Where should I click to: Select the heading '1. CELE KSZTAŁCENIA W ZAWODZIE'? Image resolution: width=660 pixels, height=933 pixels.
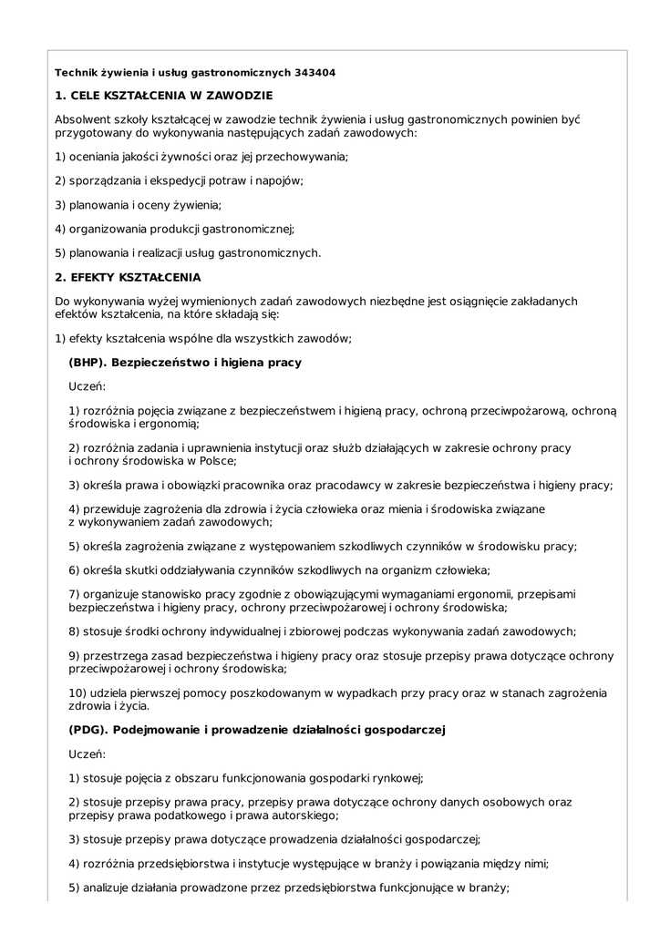[163, 95]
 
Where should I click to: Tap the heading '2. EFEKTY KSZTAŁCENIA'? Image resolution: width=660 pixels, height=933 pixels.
[128, 277]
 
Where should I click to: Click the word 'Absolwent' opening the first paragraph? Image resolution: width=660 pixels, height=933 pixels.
[83, 119]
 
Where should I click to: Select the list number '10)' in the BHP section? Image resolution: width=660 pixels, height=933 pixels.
[78, 693]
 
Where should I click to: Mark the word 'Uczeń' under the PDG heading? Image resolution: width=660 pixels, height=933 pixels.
[88, 754]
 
